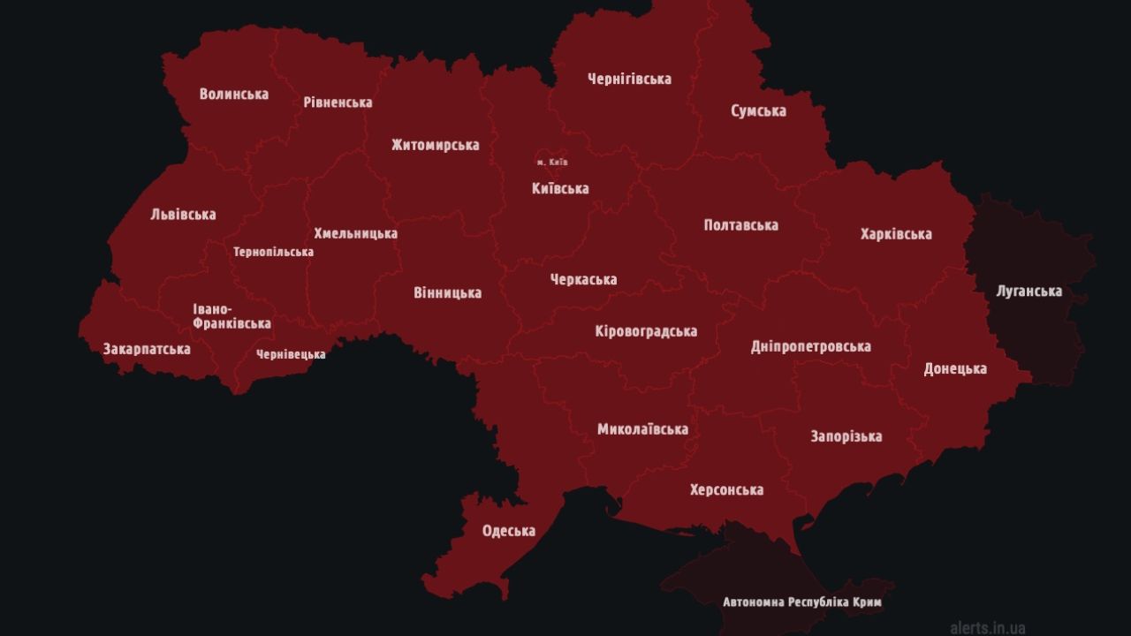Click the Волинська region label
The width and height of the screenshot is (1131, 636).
pos(234,94)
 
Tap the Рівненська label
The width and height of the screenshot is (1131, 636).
pos(338,102)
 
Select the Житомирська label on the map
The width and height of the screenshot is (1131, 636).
pos(436,145)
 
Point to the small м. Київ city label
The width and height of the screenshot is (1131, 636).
pos(552,163)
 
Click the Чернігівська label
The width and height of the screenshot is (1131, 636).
pos(629,79)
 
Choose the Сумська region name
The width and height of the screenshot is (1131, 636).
pos(758,111)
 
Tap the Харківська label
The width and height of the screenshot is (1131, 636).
pos(896,234)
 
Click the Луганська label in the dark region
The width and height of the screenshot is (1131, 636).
pos(1029,291)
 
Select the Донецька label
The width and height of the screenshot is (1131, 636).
pos(955,368)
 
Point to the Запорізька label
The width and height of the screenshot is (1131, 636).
pos(846,436)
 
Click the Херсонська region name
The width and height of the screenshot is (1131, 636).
pos(726,489)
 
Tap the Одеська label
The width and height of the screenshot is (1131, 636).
pos(508,531)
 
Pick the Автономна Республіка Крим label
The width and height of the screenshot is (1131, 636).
pos(801,602)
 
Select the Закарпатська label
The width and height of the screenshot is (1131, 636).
pos(147,349)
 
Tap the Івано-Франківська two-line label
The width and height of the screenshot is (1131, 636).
pos(232,316)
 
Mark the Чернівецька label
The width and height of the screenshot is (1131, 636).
pos(291,354)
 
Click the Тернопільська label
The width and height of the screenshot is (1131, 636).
pos(273,252)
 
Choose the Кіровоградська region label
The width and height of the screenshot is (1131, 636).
pos(646,331)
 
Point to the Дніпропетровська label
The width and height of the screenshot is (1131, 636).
pos(810,346)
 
